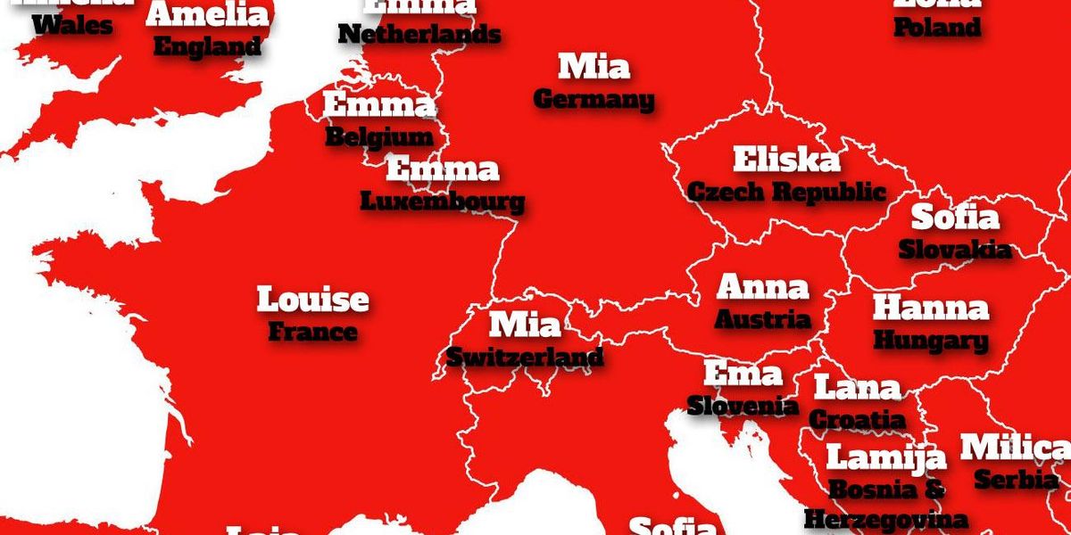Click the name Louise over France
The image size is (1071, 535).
pyautogui.click(x=312, y=300)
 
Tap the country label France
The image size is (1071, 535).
pyautogui.click(x=312, y=333)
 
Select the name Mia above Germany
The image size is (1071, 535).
pyautogui.click(x=594, y=67)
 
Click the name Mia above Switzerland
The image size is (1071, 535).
pyautogui.click(x=526, y=325)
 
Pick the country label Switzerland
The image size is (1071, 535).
pyautogui.click(x=525, y=358)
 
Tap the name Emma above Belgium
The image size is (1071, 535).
pyautogui.click(x=378, y=105)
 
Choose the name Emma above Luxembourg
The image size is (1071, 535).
pyautogui.click(x=443, y=169)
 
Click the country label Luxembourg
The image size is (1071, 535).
pyautogui.click(x=443, y=202)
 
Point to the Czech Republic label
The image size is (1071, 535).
pyautogui.click(x=786, y=192)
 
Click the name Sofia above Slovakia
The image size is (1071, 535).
pyautogui.click(x=954, y=218)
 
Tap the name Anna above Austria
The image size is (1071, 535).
pyautogui.click(x=763, y=287)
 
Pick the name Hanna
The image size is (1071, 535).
pyautogui.click(x=931, y=309)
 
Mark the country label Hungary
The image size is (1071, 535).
pyautogui.click(x=931, y=341)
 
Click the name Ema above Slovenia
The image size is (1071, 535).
pyautogui.click(x=743, y=374)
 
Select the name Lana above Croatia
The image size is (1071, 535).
pyautogui.click(x=858, y=389)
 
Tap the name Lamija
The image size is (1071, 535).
pyautogui.click(x=885, y=457)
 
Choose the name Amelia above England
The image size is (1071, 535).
pyautogui.click(x=208, y=15)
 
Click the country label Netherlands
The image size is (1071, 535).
pyautogui.click(x=419, y=35)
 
